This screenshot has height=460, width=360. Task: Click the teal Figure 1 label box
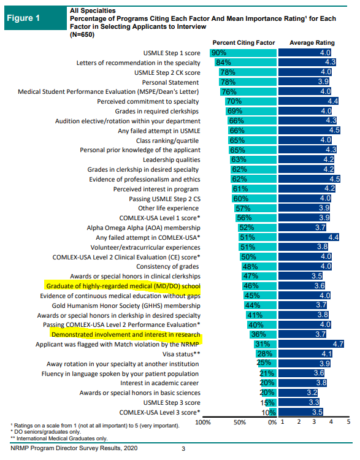pyautogui.click(x=36, y=18)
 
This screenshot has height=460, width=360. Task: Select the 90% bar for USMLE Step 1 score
pyautogui.click(x=243, y=53)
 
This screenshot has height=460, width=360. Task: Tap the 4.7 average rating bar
pyautogui.click(x=311, y=344)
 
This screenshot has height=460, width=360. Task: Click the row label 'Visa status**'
pyautogui.click(x=182, y=354)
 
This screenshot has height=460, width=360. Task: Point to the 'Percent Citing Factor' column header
pyautogui.click(x=243, y=43)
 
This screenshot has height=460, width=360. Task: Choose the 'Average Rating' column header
pyautogui.click(x=312, y=43)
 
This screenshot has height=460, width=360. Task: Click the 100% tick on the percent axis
pyautogui.click(x=203, y=422)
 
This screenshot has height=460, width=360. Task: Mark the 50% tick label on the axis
pyautogui.click(x=239, y=422)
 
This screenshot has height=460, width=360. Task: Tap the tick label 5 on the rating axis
pyautogui.click(x=348, y=422)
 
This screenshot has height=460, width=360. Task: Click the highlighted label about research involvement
pyautogui.click(x=126, y=334)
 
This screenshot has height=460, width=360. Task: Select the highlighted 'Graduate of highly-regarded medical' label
pyautogui.click(x=123, y=286)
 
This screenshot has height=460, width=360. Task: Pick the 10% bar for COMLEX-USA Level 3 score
pyautogui.click(x=273, y=412)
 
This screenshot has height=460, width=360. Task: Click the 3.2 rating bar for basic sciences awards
pyautogui.click(x=298, y=393)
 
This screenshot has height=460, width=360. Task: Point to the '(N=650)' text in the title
pyautogui.click(x=82, y=34)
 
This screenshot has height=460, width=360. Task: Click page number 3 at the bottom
pyautogui.click(x=183, y=448)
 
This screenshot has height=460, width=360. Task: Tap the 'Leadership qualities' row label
pyautogui.click(x=172, y=160)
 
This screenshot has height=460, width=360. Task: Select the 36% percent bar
pyautogui.click(x=263, y=334)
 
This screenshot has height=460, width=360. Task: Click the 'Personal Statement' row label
pyautogui.click(x=170, y=82)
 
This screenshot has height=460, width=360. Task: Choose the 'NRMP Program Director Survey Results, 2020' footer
pyautogui.click(x=74, y=448)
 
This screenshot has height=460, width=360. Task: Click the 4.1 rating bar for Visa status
pyautogui.click(x=305, y=353)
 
